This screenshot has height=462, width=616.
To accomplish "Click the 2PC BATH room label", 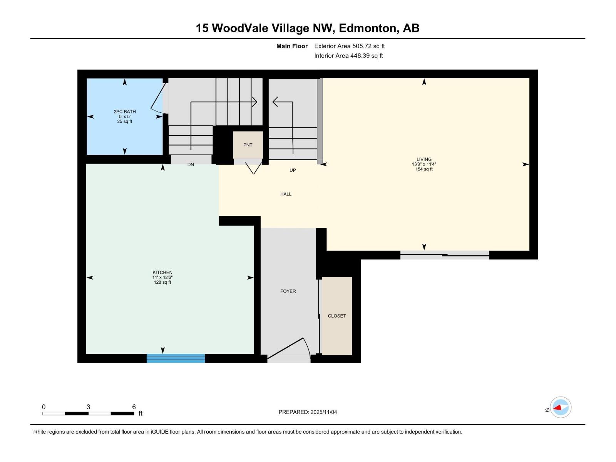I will coord(125,112).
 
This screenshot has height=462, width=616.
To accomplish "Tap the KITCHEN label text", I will coord(162,272).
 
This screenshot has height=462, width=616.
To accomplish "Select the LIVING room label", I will coord(424,159).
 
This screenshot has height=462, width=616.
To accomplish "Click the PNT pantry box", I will coord(248,145).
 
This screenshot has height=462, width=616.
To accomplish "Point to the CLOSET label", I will coord(337,316).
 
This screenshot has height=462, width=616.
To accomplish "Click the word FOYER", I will coord(288,291).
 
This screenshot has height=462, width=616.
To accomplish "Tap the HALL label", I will coord(286,194).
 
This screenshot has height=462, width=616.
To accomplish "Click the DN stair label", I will coord(191,164).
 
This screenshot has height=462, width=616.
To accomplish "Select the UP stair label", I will coord(293,170).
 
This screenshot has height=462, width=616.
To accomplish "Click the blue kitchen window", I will coord(176,358).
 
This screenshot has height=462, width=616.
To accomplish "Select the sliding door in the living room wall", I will coord(445,255).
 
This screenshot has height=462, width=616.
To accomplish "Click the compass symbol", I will coord(561,407).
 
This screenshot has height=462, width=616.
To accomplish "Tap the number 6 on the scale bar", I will coord(134,407).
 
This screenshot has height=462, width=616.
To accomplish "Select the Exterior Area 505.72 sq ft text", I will coord(350,46).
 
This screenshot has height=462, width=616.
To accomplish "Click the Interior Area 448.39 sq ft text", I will coord(348,55).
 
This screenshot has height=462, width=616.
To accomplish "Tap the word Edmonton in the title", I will coord(368,28).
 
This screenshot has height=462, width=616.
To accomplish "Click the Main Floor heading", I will coord(292,46).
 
